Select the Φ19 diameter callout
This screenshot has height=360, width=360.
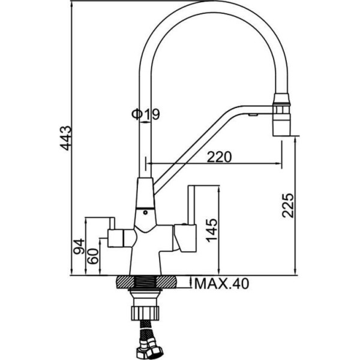click(145, 114)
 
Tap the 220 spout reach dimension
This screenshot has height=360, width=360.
click(219, 157)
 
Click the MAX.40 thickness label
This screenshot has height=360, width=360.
click(220, 283)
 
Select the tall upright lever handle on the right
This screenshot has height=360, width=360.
click(193, 204)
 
